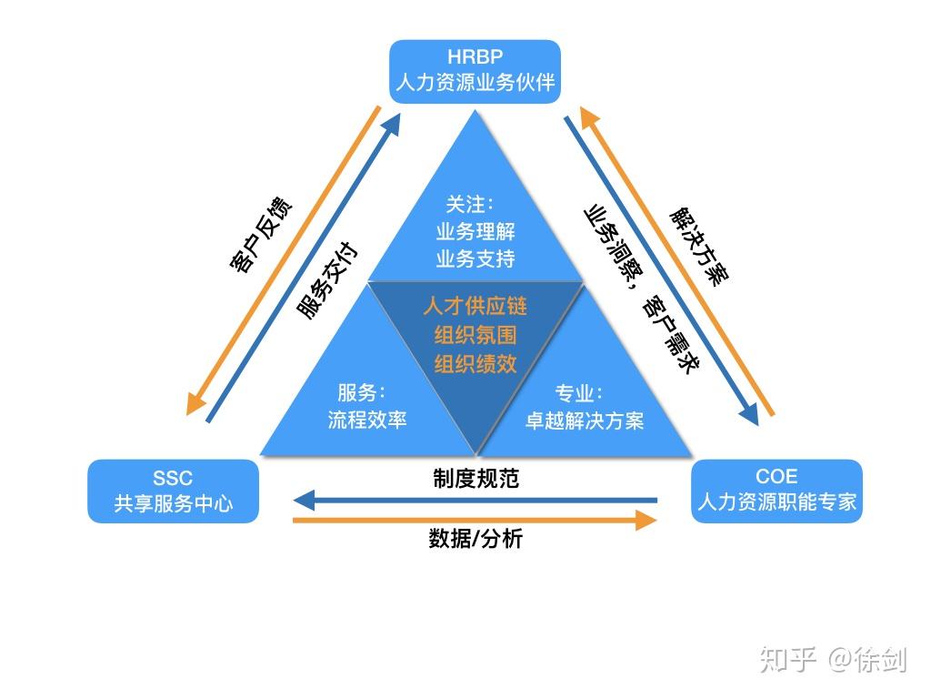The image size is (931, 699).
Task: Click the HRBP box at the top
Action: (x=475, y=71)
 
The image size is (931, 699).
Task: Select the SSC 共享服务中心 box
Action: (x=173, y=491)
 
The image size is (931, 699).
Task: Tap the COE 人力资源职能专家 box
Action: (x=776, y=491)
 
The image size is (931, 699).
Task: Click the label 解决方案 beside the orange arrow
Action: (x=699, y=246)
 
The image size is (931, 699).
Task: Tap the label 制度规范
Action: (x=475, y=479)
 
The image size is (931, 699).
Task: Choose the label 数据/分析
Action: (x=475, y=538)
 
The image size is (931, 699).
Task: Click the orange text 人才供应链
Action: (x=475, y=306)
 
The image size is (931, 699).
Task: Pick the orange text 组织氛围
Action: (x=475, y=335)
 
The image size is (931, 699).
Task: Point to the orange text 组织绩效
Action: (x=475, y=364)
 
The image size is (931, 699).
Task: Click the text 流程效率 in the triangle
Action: (x=366, y=420)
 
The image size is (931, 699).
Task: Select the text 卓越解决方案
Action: (x=584, y=421)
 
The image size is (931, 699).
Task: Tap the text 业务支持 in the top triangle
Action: (x=475, y=259)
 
